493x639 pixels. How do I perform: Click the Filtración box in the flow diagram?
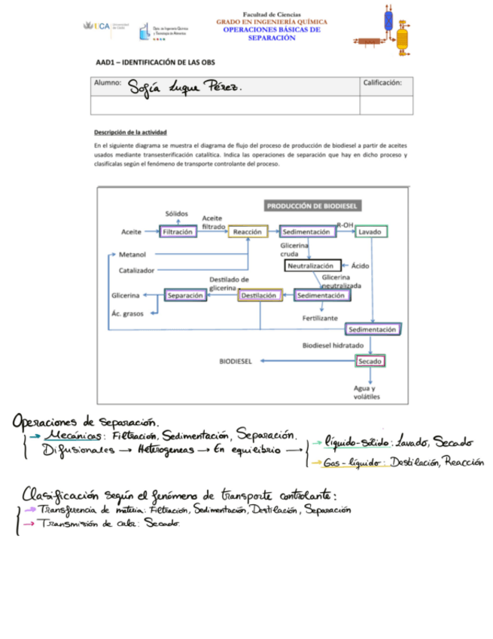(178, 232)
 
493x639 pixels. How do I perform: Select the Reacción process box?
(248, 232)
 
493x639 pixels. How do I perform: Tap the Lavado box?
(371, 232)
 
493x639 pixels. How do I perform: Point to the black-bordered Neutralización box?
(312, 266)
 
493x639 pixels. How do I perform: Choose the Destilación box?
(259, 296)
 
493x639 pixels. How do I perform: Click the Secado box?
(370, 362)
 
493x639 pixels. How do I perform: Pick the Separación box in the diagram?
(185, 296)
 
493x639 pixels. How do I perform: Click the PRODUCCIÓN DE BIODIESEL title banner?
(313, 205)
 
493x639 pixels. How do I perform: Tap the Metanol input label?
(132, 254)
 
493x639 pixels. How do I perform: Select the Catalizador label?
(137, 270)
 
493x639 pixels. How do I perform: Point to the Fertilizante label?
(321, 318)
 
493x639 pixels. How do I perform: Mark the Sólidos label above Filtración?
(177, 214)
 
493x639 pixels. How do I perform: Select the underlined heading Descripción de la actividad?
(130, 132)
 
